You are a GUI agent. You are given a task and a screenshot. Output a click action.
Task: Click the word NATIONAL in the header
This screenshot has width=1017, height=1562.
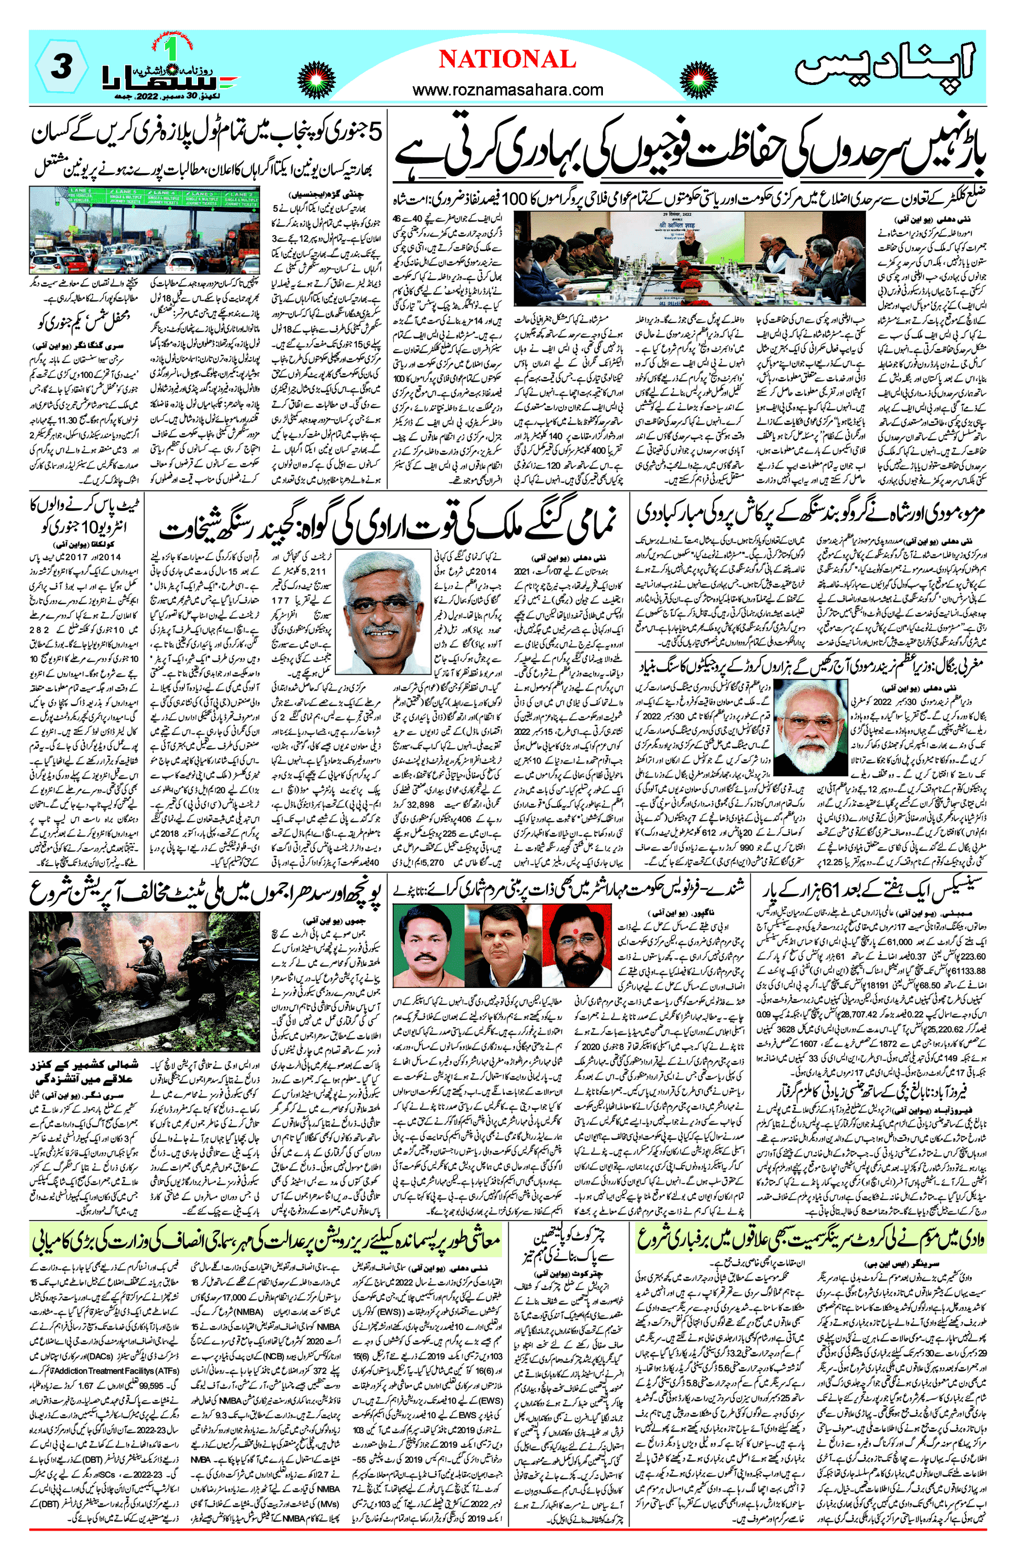(x=507, y=60)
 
